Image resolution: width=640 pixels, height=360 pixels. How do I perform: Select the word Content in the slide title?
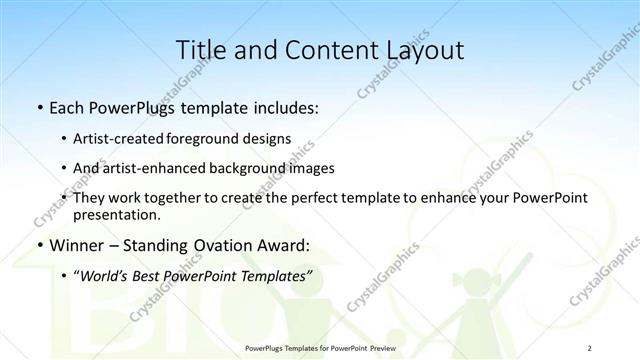click(322, 49)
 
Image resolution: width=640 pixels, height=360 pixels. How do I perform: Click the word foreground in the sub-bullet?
click(218, 139)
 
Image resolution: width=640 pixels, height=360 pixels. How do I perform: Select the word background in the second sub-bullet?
click(245, 168)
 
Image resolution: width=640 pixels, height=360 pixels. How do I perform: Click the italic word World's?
click(106, 276)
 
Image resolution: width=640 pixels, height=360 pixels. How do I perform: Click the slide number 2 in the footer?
click(590, 348)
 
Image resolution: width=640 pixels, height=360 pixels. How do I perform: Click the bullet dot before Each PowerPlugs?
click(38, 107)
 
